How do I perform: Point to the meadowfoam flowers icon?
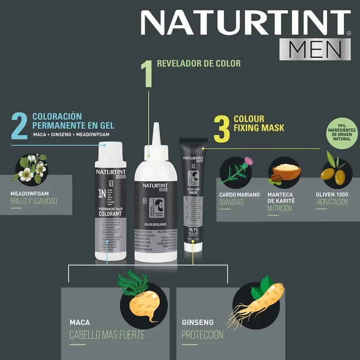point(31,169)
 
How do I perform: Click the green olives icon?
point(333,173)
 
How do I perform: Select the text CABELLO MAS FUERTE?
point(107,335)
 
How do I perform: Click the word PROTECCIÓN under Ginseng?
point(202,335)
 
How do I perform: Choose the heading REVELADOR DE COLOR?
point(198,63)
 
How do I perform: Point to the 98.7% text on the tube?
point(193,230)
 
